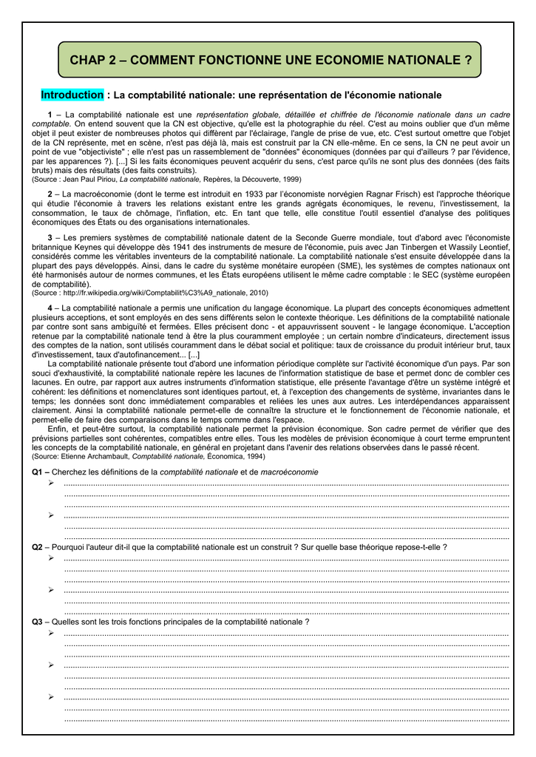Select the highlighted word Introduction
(72, 95)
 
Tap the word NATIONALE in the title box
(429, 60)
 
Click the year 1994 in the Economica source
(253, 457)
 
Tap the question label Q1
(38, 472)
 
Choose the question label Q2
(38, 547)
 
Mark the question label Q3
(38, 622)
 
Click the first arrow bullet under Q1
(51, 483)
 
